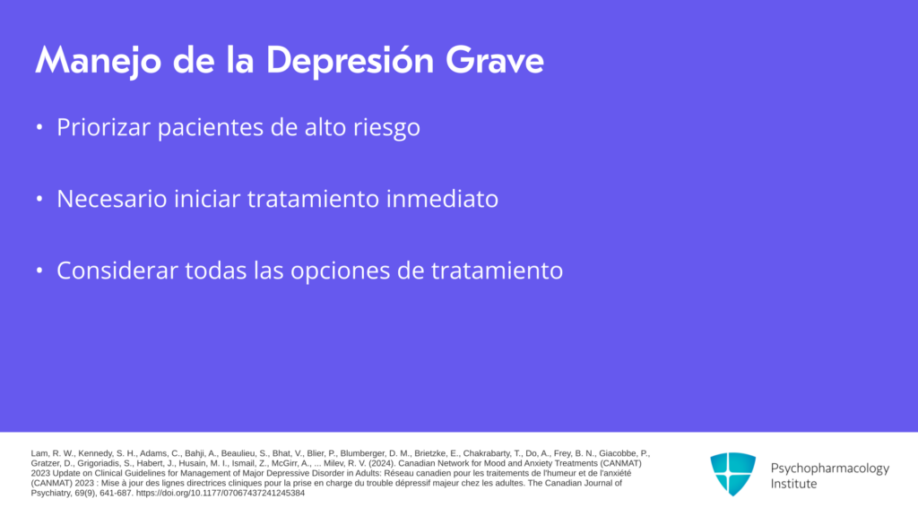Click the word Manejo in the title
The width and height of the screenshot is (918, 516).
(x=98, y=61)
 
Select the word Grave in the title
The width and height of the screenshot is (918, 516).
(x=495, y=60)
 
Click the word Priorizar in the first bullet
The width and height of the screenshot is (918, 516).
(x=104, y=127)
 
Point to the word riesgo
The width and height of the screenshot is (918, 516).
(x=386, y=128)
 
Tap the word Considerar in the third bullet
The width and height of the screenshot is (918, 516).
(x=117, y=271)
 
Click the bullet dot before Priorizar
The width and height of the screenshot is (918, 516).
(x=39, y=127)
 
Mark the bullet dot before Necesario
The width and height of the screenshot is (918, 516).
(x=39, y=199)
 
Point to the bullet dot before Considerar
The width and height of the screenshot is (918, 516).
(x=39, y=271)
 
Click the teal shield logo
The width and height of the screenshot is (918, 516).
(x=733, y=474)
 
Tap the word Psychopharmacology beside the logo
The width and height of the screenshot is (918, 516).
(x=829, y=469)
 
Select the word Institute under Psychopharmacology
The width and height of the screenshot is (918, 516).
(x=793, y=484)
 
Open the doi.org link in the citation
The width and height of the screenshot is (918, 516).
(x=221, y=494)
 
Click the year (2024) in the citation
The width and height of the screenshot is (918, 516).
(x=382, y=463)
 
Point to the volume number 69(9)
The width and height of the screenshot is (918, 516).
(x=84, y=494)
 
